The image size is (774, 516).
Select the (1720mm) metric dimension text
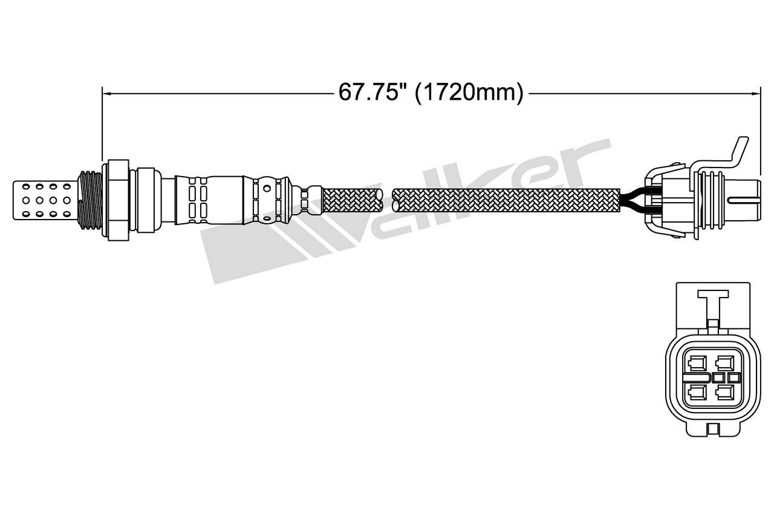[x=469, y=93]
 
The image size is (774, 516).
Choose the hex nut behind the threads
[x=118, y=200]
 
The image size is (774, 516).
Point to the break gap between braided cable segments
[x=388, y=200]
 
